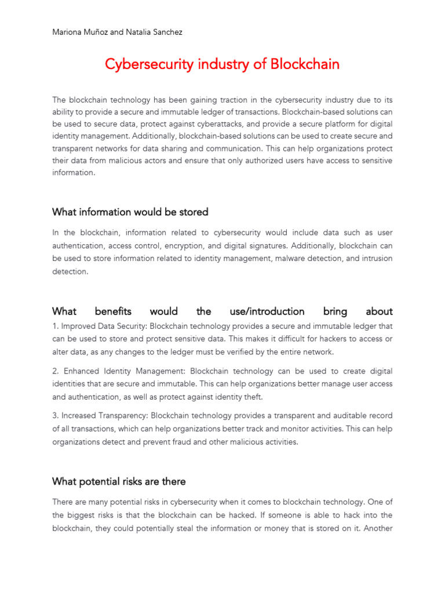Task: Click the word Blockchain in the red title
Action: pyautogui.click(x=305, y=64)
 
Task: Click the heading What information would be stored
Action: pyautogui.click(x=130, y=212)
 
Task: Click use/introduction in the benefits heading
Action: pyautogui.click(x=267, y=312)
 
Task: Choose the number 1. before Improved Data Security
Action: pyautogui.click(x=55, y=326)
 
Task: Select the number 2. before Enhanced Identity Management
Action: pyautogui.click(x=56, y=371)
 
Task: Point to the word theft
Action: pyautogui.click(x=253, y=397)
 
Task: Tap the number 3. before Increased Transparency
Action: pyautogui.click(x=56, y=415)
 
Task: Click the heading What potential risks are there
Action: pyautogui.click(x=119, y=481)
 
